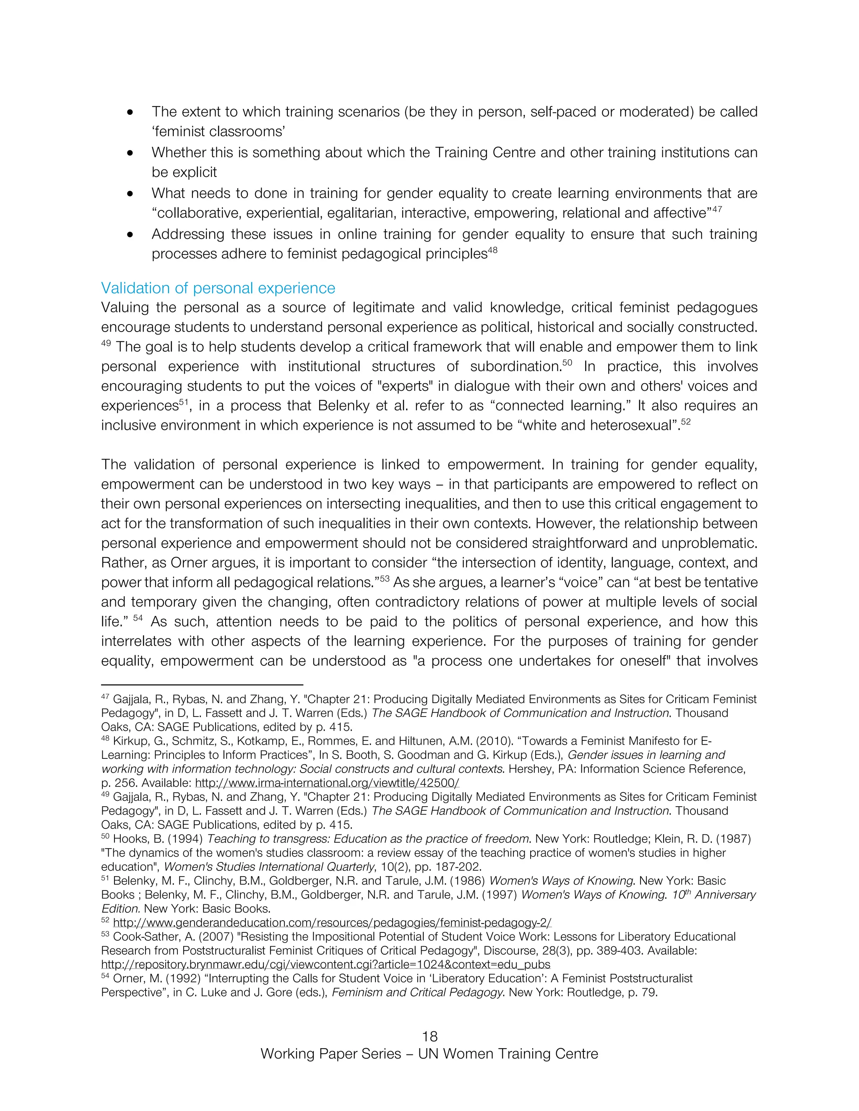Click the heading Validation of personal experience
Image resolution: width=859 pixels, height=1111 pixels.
pos(218,288)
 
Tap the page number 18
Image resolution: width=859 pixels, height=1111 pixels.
pos(429,1036)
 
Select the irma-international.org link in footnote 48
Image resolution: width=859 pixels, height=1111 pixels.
pos(327,783)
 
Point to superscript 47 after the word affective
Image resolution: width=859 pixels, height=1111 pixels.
pos(716,209)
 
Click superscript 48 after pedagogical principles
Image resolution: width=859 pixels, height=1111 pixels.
pos(492,250)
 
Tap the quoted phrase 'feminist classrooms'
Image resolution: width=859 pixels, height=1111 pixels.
pos(218,132)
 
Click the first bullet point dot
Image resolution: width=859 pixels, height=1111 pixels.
pos(131,112)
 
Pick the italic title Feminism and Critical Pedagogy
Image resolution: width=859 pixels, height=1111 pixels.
pos(417,992)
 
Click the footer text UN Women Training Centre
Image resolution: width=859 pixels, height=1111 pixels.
pos(508,1054)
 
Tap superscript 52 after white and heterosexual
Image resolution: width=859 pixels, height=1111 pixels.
pos(685,422)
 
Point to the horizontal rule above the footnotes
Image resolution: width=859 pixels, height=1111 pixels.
pos(202,685)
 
